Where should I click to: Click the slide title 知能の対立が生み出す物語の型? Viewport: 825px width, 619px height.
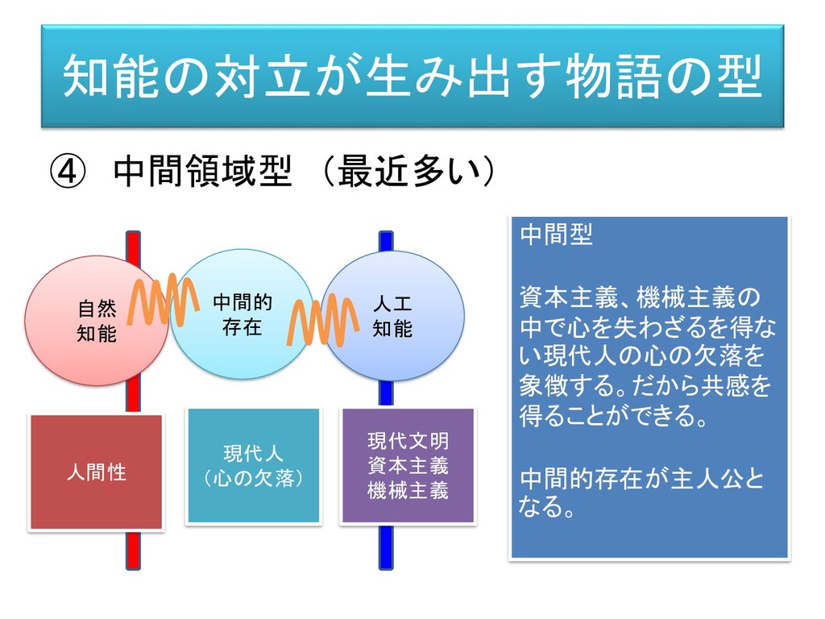pos(412,77)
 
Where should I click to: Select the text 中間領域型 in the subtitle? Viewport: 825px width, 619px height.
pos(201,172)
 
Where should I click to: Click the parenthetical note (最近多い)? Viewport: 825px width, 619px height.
pos(407,172)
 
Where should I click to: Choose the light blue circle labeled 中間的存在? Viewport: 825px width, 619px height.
pos(242,314)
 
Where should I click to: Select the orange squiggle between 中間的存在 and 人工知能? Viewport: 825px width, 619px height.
pos(322,320)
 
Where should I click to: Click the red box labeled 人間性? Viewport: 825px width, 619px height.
pos(97,472)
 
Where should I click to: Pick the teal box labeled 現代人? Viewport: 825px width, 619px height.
pos(254,466)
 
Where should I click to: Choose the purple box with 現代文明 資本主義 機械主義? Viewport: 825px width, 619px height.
pos(408,466)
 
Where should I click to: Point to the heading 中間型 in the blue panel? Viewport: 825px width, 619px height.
pos(556,235)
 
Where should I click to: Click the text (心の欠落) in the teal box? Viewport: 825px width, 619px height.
pos(254,480)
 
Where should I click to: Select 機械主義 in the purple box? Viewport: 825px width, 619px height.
pos(408,490)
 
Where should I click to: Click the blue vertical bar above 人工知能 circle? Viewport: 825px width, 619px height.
pos(386,241)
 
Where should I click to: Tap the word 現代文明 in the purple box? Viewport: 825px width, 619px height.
pos(408,441)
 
